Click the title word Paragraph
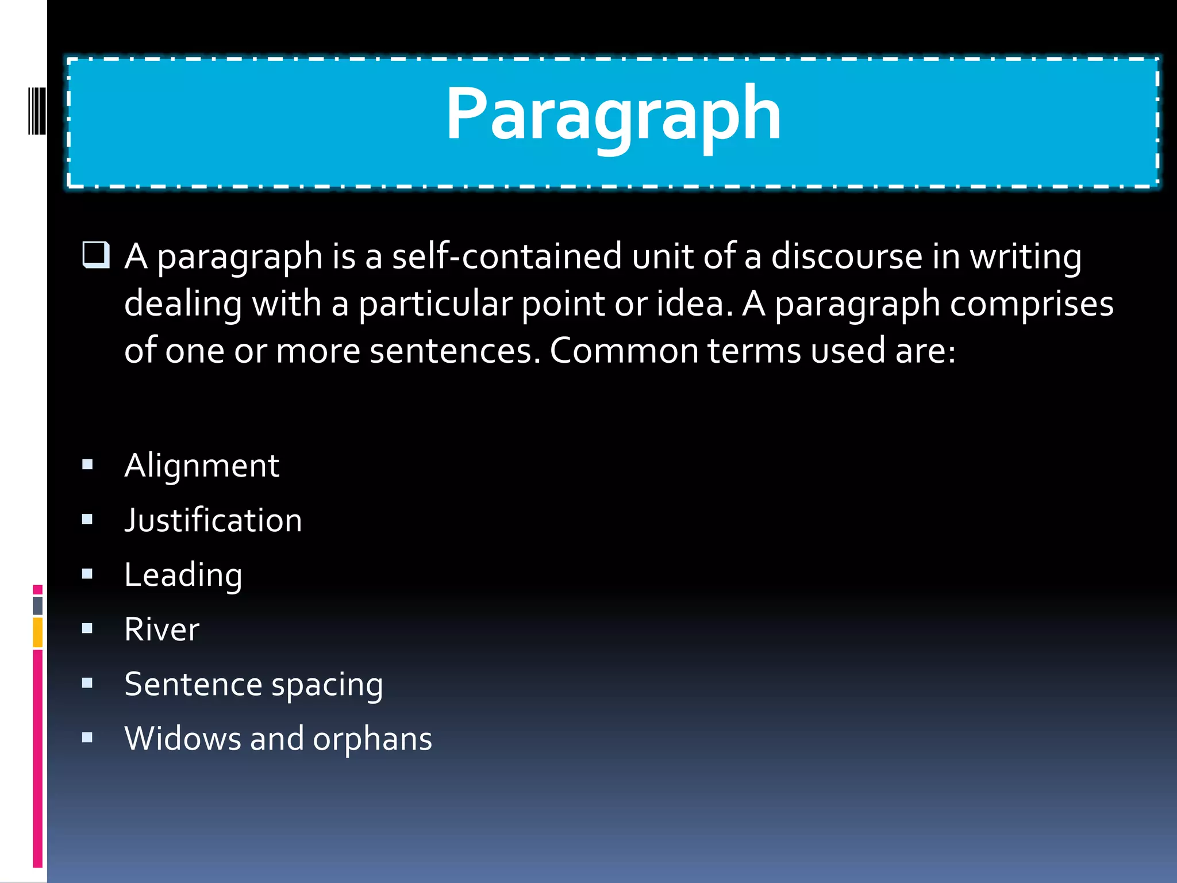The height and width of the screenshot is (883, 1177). (x=613, y=113)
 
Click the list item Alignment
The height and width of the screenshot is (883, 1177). (x=202, y=465)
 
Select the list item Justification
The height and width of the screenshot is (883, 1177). (x=213, y=520)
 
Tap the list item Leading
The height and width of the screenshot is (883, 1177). (x=183, y=575)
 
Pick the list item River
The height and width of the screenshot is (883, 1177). (x=162, y=629)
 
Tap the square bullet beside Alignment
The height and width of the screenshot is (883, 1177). (x=87, y=464)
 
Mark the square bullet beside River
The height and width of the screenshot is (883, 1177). (x=87, y=628)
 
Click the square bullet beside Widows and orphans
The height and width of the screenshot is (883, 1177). (x=87, y=738)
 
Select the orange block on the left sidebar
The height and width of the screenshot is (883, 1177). (x=38, y=632)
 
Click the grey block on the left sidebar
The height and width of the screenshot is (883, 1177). (x=38, y=605)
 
